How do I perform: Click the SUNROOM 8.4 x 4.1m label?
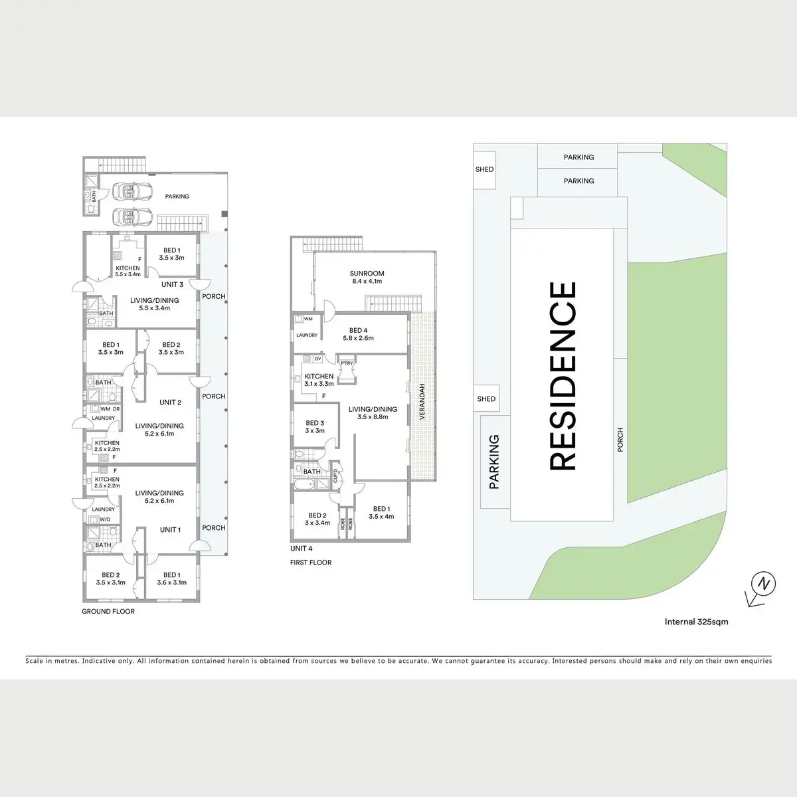tap(367, 277)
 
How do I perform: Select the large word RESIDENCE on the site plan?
tap(563, 376)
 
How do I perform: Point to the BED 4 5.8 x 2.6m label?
tap(358, 334)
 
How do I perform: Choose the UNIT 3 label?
tap(172, 284)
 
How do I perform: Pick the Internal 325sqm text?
tap(696, 622)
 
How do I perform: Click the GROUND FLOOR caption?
tap(108, 611)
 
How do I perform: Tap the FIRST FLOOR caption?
tap(310, 563)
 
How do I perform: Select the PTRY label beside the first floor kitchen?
tap(347, 363)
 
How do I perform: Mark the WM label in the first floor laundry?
tap(308, 319)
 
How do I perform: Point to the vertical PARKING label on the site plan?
tap(493, 462)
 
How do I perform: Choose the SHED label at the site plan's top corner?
tap(484, 169)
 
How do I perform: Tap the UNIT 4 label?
tap(301, 549)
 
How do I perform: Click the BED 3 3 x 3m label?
tap(315, 426)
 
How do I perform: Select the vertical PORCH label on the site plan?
tap(620, 440)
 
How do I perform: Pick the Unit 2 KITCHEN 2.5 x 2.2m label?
tap(107, 446)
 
